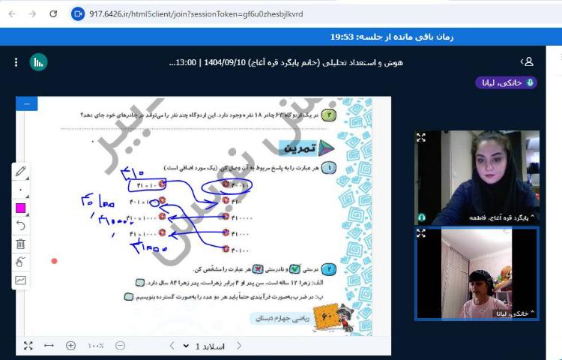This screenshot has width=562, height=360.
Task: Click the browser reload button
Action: (52, 13)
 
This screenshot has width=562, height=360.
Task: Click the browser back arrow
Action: (12, 13)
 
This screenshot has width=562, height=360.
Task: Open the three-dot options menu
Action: (16, 62)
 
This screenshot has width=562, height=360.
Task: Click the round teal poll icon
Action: (38, 62)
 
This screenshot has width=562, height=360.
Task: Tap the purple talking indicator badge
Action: (506, 82)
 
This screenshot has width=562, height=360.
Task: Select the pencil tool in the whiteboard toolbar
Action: (20, 172)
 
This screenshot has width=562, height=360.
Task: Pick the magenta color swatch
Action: (20, 208)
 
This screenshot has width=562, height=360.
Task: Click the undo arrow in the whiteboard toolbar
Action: (20, 226)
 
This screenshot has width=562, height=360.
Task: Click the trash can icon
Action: (20, 244)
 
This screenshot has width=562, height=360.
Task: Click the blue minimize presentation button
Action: (26, 103)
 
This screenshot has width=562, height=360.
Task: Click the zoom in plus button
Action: (70, 346)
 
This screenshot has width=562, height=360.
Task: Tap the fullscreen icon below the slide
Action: (28, 346)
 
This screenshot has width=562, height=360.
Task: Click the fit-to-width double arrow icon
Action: (49, 346)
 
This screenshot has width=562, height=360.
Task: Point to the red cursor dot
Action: (54, 261)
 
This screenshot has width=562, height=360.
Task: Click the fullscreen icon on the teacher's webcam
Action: (421, 137)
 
